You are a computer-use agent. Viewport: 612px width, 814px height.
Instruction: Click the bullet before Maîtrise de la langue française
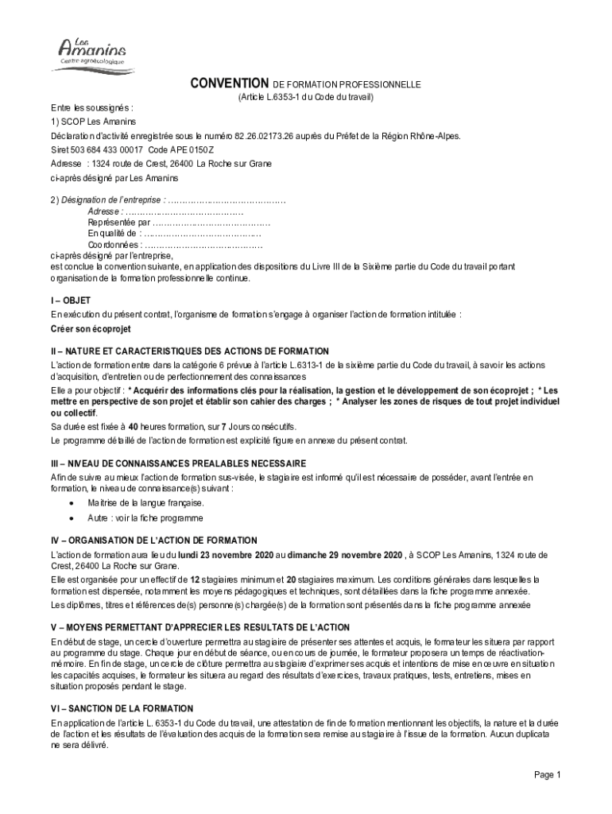pyautogui.click(x=72, y=503)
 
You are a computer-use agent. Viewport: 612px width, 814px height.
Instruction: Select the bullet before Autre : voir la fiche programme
pyautogui.click(x=72, y=518)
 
